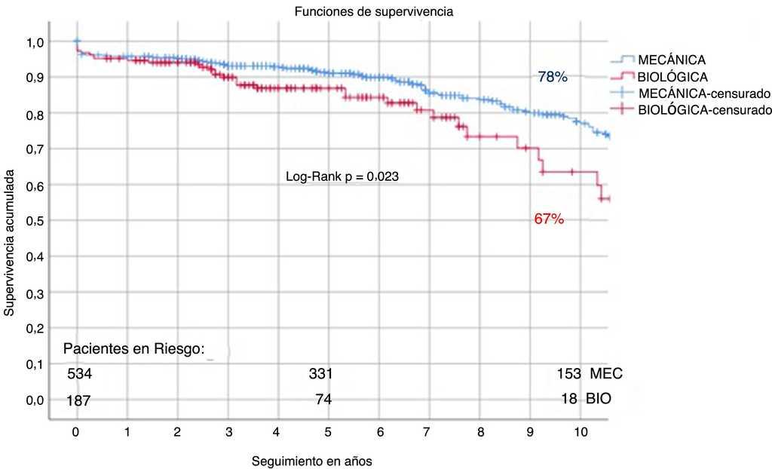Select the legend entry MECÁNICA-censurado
pyautogui.click(x=703, y=93)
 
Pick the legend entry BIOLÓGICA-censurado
pyautogui.click(x=703, y=110)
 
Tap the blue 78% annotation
pyautogui.click(x=552, y=77)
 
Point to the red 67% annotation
pyautogui.click(x=548, y=219)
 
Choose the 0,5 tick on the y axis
pyautogui.click(x=35, y=221)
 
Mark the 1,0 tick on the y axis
pyautogui.click(x=35, y=41)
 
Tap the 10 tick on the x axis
pyautogui.click(x=581, y=434)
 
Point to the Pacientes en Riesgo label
pyautogui.click(x=134, y=348)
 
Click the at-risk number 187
pyautogui.click(x=78, y=400)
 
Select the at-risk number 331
pyautogui.click(x=320, y=374)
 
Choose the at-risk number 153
pyautogui.click(x=568, y=374)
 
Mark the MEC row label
pyautogui.click(x=606, y=374)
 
